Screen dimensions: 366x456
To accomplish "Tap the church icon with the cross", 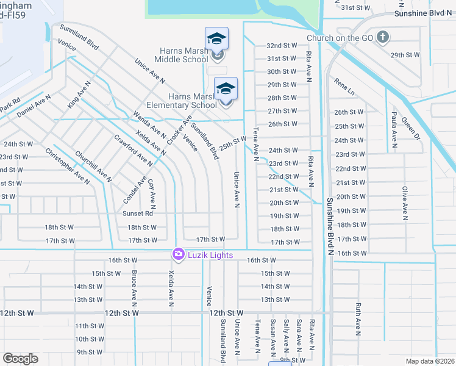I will tap(382, 37).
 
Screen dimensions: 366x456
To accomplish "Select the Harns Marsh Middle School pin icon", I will tap(217, 39).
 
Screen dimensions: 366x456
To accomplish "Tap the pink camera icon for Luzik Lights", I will tap(178, 253).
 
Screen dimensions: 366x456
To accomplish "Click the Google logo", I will tap(20, 359).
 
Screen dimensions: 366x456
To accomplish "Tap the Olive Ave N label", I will tap(404, 203).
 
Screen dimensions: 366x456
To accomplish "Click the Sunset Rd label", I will tap(137, 213).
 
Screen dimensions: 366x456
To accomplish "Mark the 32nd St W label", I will tap(282, 46).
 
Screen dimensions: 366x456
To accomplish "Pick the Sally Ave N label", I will tap(285, 335).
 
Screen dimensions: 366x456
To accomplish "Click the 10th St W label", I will tap(90, 339).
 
